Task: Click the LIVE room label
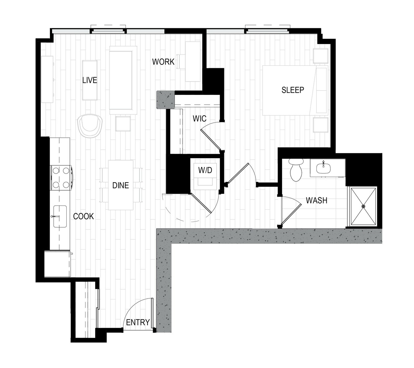tap(90, 80)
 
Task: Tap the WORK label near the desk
tap(163, 61)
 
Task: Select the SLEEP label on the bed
tap(293, 90)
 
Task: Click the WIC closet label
tap(200, 118)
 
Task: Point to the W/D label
tap(205, 170)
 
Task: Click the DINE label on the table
tap(121, 185)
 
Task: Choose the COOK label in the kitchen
tap(83, 216)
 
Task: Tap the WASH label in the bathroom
tap(316, 200)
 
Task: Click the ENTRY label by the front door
tap(138, 322)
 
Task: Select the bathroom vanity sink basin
tap(323, 168)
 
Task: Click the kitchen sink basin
tap(60, 216)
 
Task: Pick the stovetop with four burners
tap(61, 178)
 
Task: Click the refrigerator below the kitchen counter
tap(58, 264)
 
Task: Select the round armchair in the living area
tap(90, 126)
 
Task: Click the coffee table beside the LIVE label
tap(90, 80)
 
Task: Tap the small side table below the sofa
tap(123, 124)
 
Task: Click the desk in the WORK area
tap(193, 61)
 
